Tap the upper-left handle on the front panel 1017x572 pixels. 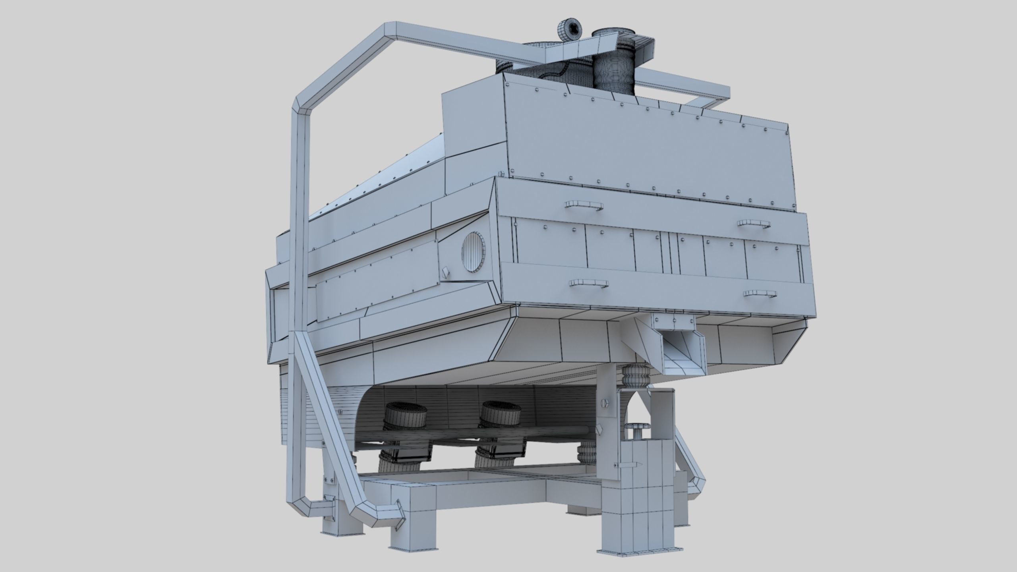pyautogui.click(x=583, y=205)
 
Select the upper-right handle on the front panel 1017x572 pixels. pyautogui.click(x=754, y=223)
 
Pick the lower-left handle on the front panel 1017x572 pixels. pyautogui.click(x=588, y=283)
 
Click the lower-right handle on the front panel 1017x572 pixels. pyautogui.click(x=760, y=294)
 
